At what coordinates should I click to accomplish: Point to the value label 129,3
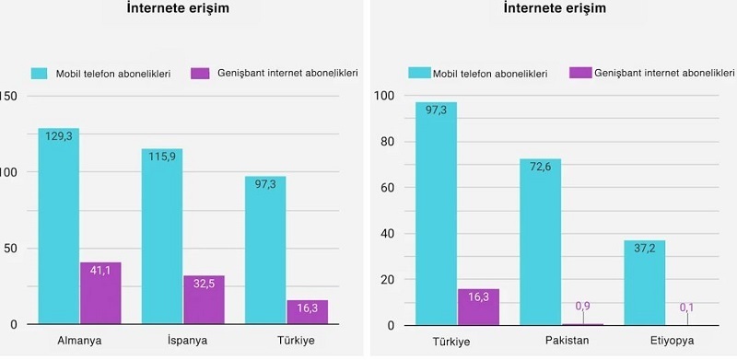[x=58, y=135]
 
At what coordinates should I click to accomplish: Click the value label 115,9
[x=161, y=157]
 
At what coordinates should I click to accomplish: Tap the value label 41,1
[x=100, y=270]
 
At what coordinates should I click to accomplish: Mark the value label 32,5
[x=204, y=284]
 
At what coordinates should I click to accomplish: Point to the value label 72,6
[x=540, y=166]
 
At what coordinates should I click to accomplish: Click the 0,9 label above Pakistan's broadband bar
[x=582, y=306]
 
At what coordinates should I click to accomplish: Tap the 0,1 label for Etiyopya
[x=686, y=308]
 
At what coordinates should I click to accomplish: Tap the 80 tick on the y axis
[x=388, y=142]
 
